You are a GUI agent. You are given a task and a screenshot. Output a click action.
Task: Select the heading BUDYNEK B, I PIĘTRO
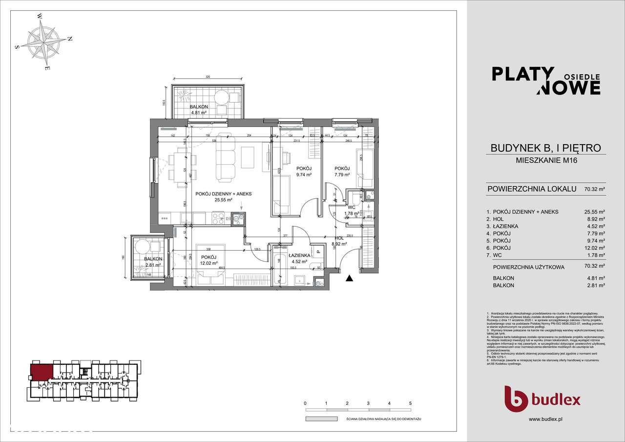coord(545,148)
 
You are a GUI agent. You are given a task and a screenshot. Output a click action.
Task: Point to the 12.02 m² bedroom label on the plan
coord(208,260)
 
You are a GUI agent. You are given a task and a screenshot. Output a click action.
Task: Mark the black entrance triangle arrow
coord(349,278)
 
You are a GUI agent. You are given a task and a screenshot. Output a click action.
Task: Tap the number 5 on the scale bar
coord(410,403)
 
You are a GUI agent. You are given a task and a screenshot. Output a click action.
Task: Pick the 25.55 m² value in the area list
coord(595,211)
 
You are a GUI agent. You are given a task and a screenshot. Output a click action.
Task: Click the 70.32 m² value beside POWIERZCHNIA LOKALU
coord(595,189)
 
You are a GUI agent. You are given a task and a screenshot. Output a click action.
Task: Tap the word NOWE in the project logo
coord(569,87)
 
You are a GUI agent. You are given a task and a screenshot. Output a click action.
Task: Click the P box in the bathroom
coord(318,253)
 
